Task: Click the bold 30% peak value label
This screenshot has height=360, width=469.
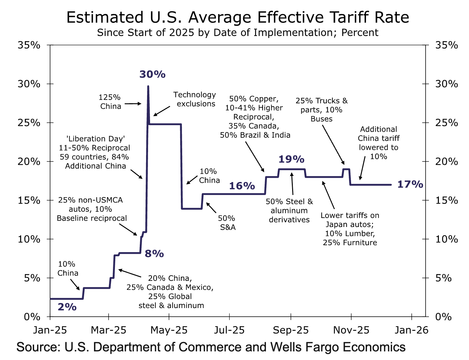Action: pyautogui.click(x=152, y=74)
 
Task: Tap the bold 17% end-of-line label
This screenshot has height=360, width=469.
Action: pyautogui.click(x=410, y=184)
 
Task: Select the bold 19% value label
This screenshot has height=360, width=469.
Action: pyautogui.click(x=291, y=159)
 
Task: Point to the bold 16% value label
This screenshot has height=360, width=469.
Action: pyautogui.click(x=242, y=186)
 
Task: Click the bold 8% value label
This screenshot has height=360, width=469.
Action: pyautogui.click(x=154, y=254)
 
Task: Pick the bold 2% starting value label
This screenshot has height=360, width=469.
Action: pyautogui.click(x=67, y=307)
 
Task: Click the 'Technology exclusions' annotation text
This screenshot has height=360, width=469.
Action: pyautogui.click(x=195, y=99)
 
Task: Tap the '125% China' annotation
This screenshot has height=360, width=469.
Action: pyautogui.click(x=110, y=102)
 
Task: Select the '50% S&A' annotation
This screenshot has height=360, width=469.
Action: pyautogui.click(x=227, y=223)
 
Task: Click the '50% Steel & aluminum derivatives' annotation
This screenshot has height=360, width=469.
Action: pyautogui.click(x=289, y=210)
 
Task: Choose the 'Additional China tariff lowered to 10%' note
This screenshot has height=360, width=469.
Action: pyautogui.click(x=379, y=143)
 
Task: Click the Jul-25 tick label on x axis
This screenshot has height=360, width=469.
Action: pyautogui.click(x=229, y=330)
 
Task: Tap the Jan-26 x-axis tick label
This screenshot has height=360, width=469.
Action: pyautogui.click(x=411, y=330)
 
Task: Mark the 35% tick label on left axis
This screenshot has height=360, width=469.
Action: pyautogui.click(x=29, y=45)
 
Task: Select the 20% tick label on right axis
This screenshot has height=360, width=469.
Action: pyautogui.click(x=446, y=161)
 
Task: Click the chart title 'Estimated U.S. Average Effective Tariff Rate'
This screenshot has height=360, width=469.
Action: pyautogui.click(x=237, y=18)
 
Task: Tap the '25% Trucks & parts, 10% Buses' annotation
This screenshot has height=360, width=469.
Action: pyautogui.click(x=322, y=110)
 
